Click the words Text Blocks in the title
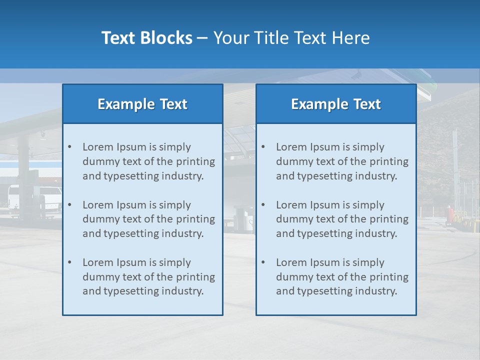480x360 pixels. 146,38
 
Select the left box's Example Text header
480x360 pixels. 142,104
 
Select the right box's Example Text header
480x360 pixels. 336,104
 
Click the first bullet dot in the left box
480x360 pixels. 69,147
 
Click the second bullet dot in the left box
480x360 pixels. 69,205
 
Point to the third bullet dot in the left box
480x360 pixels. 69,262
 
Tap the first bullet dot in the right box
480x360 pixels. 263,147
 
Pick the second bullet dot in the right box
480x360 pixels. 263,205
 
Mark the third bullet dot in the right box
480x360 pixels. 263,262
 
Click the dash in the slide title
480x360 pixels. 202,38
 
